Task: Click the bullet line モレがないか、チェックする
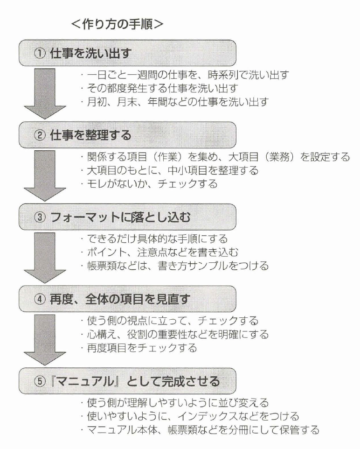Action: [148, 184]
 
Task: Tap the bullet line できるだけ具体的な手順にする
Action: [154, 239]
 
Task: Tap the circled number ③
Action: [39, 217]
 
